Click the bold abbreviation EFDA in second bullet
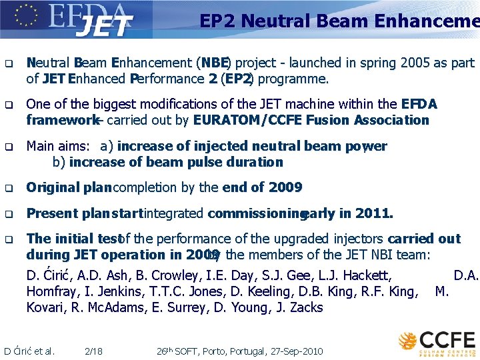tap(419, 105)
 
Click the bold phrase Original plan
tap(69, 188)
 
